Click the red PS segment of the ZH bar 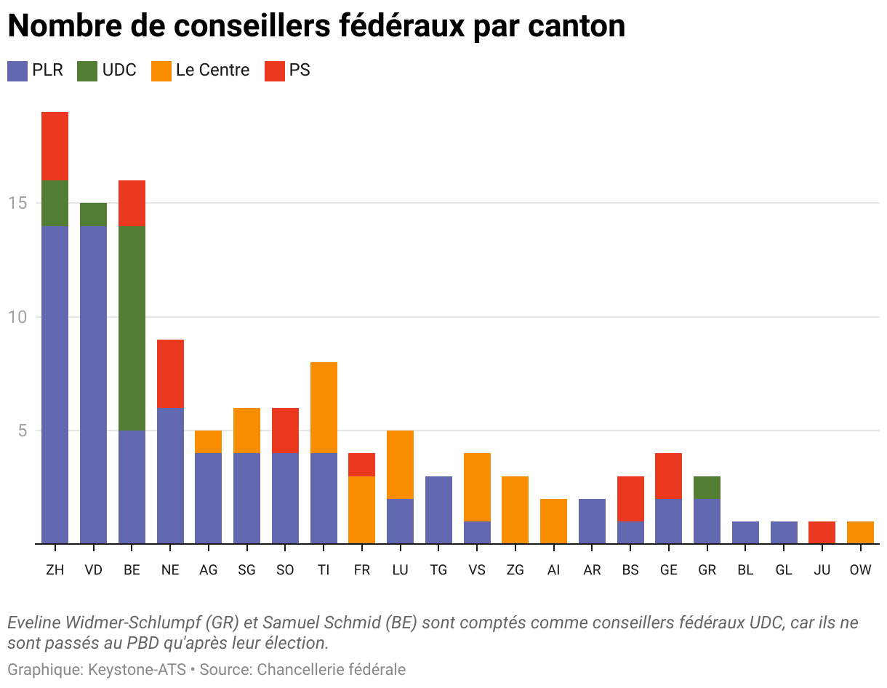tap(55, 145)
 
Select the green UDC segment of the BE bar tap(132, 328)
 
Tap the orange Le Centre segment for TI tap(324, 407)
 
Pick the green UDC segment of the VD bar tap(93, 215)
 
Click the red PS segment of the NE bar tap(170, 374)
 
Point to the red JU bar tap(822, 532)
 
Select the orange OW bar tap(860, 532)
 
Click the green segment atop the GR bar tap(707, 487)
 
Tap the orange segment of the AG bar tap(208, 441)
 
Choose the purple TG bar tap(438, 510)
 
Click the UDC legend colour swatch tap(87, 71)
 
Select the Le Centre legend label tap(212, 71)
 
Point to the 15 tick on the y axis tap(17, 203)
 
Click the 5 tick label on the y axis tap(22, 431)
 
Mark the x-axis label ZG tap(515, 570)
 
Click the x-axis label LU tap(400, 570)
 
